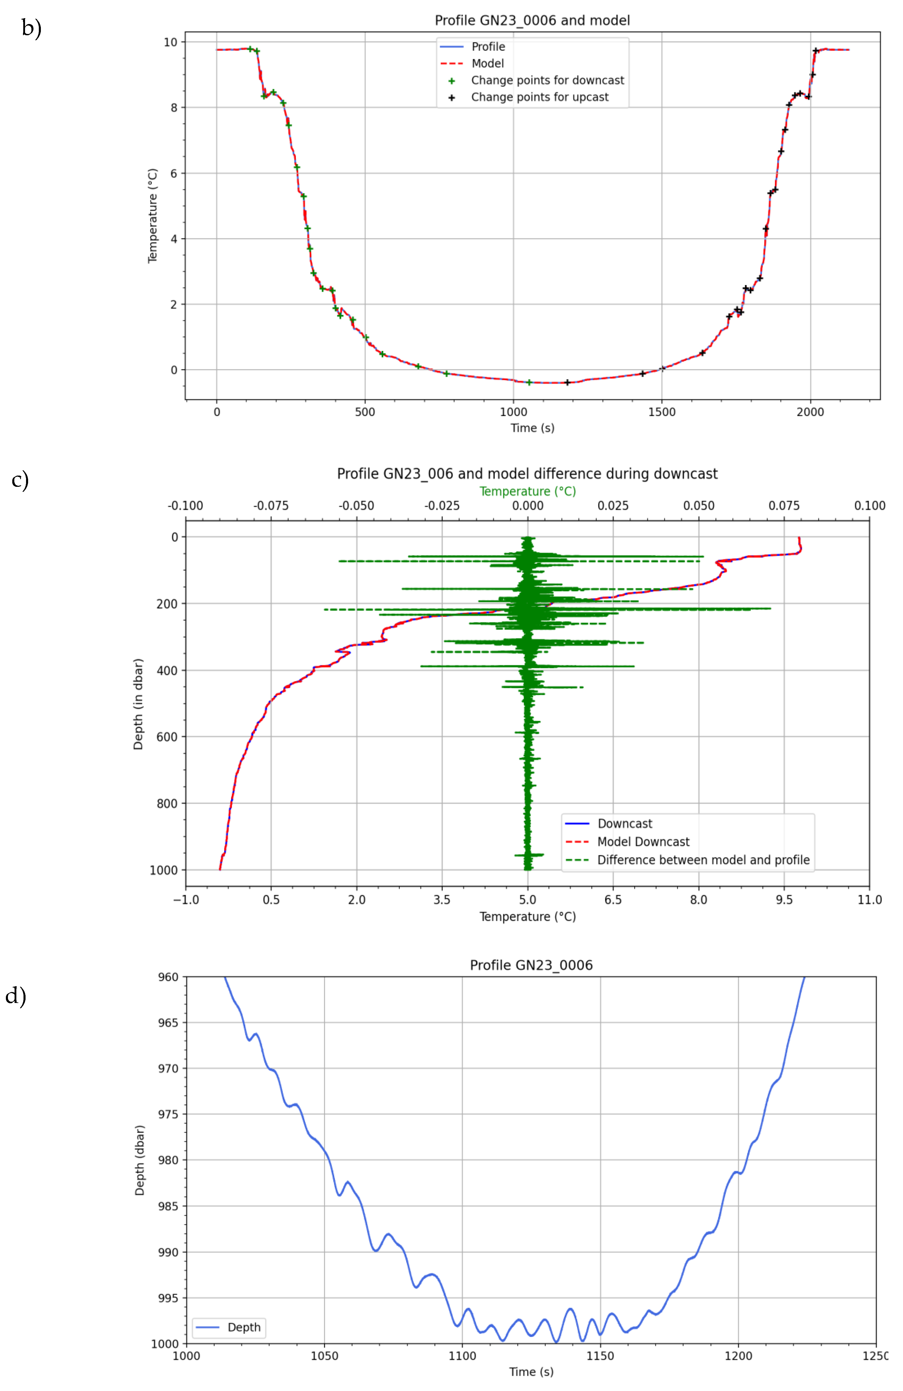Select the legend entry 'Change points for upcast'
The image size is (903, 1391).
pyautogui.click(x=539, y=97)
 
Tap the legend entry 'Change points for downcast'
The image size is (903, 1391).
pyautogui.click(x=547, y=80)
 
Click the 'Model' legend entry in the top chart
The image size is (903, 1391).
pyautogui.click(x=487, y=63)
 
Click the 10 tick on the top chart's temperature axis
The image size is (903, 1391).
pyautogui.click(x=170, y=42)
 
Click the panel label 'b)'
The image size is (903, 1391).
pyautogui.click(x=31, y=28)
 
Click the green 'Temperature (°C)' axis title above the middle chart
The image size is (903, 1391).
pyautogui.click(x=527, y=491)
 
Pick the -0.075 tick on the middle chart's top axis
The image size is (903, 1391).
pyautogui.click(x=271, y=505)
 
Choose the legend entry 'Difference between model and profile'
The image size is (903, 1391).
pyautogui.click(x=703, y=860)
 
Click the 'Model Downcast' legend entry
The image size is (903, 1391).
pyautogui.click(x=643, y=842)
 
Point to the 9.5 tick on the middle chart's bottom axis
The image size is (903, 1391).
pyautogui.click(x=784, y=900)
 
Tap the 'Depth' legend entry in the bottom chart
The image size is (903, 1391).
pyautogui.click(x=243, y=1327)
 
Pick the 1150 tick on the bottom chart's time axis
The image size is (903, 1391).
pyautogui.click(x=600, y=1355)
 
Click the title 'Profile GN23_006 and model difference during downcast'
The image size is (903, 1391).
pyautogui.click(x=527, y=473)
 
